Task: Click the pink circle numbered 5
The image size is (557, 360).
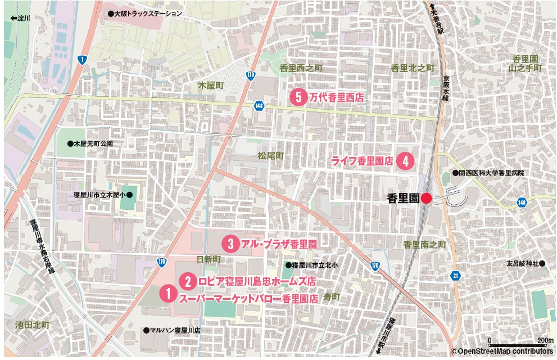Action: [x=298, y=97]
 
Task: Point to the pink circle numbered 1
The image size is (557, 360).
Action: [x=167, y=294]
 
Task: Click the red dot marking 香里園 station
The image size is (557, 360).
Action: [x=427, y=198]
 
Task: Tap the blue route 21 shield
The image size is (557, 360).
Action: [x=456, y=275]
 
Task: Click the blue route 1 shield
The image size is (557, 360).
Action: [x=83, y=60]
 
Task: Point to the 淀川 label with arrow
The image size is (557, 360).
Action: [x=20, y=18]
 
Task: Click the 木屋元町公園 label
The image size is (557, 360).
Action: [x=90, y=144]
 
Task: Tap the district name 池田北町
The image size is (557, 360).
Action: [x=33, y=325]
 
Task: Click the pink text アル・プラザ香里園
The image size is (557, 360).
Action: [x=278, y=244]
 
